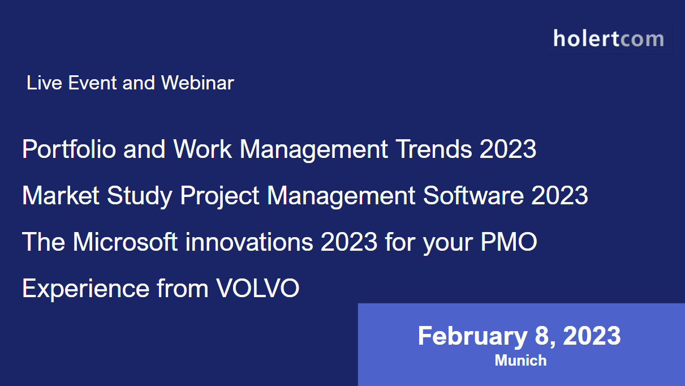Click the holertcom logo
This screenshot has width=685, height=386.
pyautogui.click(x=609, y=38)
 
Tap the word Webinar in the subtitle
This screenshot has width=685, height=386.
pyautogui.click(x=197, y=83)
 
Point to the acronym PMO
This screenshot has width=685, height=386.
pyautogui.click(x=509, y=242)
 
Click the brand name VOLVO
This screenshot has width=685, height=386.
pyautogui.click(x=258, y=289)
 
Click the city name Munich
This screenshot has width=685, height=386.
pyautogui.click(x=520, y=361)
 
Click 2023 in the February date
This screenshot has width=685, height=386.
pyautogui.click(x=592, y=336)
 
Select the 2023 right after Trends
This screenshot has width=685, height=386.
pyautogui.click(x=508, y=149)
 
